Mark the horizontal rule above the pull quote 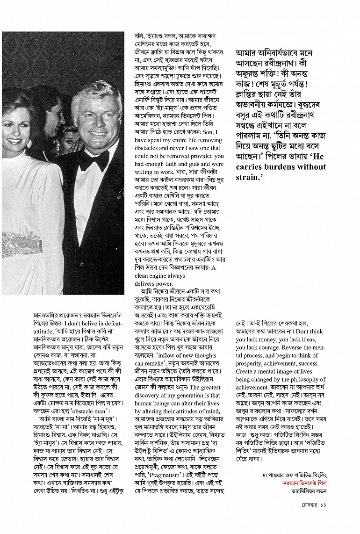[281, 33]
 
